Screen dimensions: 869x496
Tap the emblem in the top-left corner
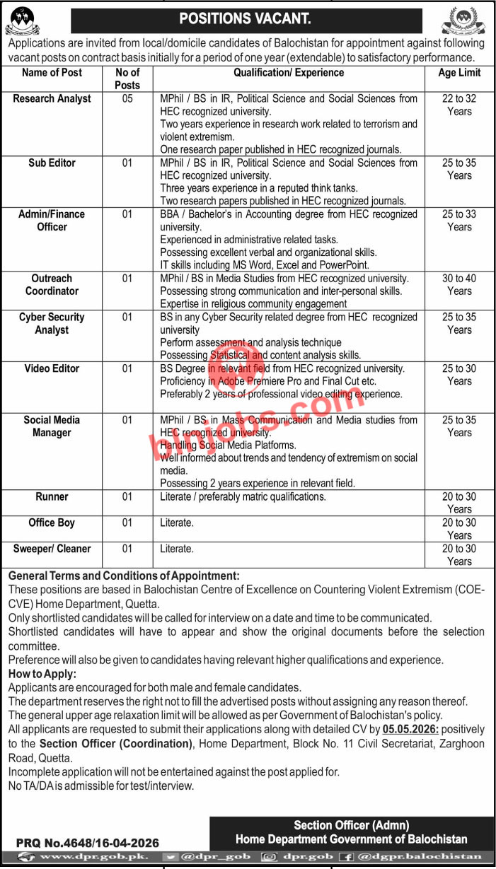pyautogui.click(x=23, y=19)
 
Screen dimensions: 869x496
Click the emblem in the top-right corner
pyautogui.click(x=463, y=20)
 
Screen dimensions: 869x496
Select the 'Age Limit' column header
pyautogui.click(x=459, y=73)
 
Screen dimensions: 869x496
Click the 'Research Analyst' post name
pyautogui.click(x=52, y=99)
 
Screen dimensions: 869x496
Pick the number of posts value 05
pyautogui.click(x=127, y=99)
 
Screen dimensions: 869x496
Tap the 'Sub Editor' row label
pyautogui.click(x=52, y=163)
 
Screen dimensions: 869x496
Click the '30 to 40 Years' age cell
pyautogui.click(x=459, y=285)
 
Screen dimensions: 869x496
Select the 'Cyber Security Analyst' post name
pyautogui.click(x=52, y=324)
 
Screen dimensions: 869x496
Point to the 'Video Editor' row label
pyautogui.click(x=52, y=368)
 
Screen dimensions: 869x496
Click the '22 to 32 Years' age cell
pyautogui.click(x=459, y=105)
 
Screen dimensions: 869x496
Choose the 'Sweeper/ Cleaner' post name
pyautogui.click(x=52, y=549)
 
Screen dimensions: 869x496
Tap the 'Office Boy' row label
pyautogui.click(x=52, y=523)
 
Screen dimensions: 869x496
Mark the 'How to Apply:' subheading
pyautogui.click(x=42, y=674)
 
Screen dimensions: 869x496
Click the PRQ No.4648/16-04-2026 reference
pyautogui.click(x=88, y=843)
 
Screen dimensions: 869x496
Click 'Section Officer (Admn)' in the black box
pyautogui.click(x=352, y=825)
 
